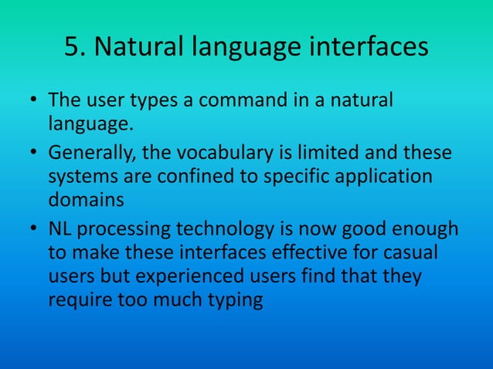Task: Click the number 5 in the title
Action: [74, 47]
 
